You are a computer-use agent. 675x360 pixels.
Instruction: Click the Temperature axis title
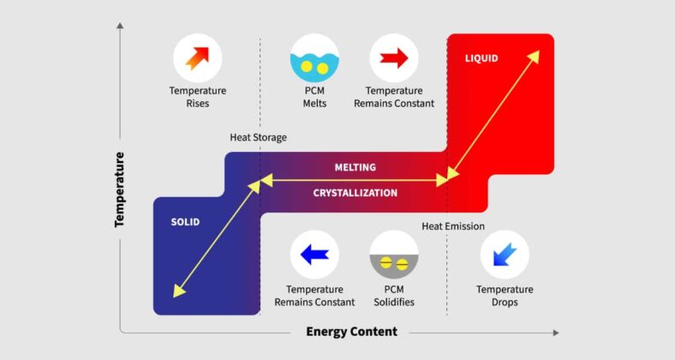(120, 189)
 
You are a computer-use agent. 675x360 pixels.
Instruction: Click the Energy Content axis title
(351, 332)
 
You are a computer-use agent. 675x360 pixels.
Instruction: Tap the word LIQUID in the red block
(481, 58)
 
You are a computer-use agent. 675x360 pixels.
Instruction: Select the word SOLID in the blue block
(185, 222)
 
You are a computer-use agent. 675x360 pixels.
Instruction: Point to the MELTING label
(355, 167)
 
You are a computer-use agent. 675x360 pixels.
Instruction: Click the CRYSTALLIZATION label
(355, 193)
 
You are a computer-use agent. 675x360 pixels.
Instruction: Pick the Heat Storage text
(258, 137)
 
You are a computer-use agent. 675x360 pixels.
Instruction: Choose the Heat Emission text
(453, 226)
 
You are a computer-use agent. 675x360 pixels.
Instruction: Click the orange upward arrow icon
(198, 58)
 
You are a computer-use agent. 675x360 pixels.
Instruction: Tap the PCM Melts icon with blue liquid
(314, 58)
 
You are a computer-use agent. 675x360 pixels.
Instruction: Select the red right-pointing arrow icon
(394, 58)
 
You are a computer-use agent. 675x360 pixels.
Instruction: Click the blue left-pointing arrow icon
(314, 255)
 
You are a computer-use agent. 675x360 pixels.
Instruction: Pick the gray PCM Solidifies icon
(394, 255)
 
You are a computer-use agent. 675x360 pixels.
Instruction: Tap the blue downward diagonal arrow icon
(505, 255)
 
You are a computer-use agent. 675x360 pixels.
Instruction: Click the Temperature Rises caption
(198, 97)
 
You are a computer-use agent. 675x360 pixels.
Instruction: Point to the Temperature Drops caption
(505, 296)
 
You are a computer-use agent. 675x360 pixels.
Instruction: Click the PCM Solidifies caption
(394, 296)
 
